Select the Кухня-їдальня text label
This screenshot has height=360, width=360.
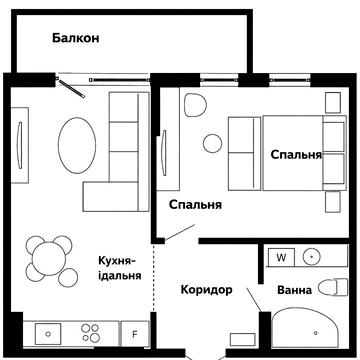(x=119, y=267)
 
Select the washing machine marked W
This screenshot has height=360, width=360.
(x=281, y=257)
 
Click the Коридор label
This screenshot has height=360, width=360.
(x=206, y=290)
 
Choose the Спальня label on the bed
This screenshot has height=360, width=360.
(x=296, y=155)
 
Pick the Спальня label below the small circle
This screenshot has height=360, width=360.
(x=195, y=205)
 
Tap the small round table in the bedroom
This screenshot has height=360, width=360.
(x=211, y=143)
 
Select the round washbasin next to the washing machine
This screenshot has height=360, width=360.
(x=313, y=257)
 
